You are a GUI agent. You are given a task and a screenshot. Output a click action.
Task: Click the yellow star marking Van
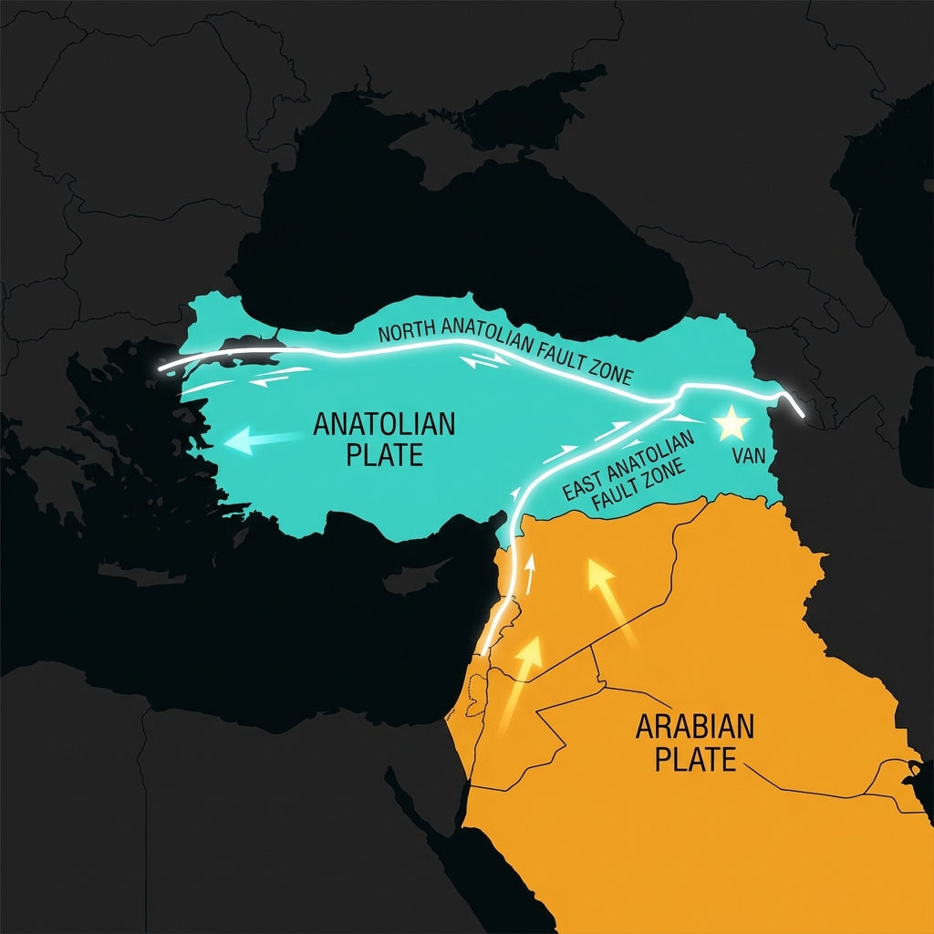coord(732,423)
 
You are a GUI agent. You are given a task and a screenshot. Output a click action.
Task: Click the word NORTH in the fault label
coord(408,332)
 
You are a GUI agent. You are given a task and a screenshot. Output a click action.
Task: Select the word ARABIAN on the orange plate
coord(695,727)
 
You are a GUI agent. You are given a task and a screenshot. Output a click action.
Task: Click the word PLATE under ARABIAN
coord(695,759)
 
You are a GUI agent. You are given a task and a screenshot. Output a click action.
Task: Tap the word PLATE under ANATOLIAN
coord(384,454)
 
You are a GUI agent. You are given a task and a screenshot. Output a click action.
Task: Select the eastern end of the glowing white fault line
coord(802,416)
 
